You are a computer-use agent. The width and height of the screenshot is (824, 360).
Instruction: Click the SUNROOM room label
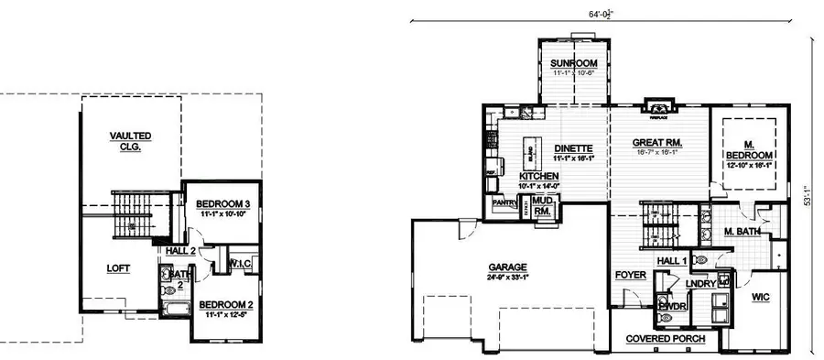pos(574,64)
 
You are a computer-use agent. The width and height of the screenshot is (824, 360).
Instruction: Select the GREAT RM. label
pos(659,143)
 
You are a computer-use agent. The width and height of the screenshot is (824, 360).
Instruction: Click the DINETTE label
pos(574,148)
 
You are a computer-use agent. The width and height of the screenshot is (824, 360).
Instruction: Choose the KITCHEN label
pos(539,176)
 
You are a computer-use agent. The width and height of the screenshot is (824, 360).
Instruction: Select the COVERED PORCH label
pos(665,339)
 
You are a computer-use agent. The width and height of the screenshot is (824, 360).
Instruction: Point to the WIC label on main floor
pos(761,297)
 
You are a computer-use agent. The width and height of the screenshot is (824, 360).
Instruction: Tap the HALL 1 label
pos(673,262)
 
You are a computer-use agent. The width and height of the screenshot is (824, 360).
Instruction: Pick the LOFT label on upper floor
pos(119,268)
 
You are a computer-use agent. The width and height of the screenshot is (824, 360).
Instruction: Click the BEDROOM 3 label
pos(224,203)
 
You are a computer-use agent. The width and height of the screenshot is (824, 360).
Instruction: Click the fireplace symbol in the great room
pos(655,107)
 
